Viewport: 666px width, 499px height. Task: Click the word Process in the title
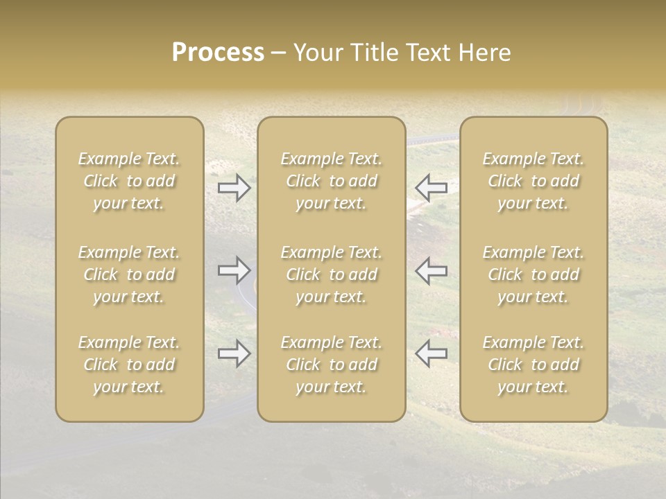[218, 53]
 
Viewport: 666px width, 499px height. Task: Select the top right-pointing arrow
[234, 188]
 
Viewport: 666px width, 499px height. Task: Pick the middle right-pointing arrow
[234, 270]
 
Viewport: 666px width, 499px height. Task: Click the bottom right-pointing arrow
[234, 353]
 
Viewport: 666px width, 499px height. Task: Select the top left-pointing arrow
[431, 188]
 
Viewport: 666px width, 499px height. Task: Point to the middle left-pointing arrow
[431, 270]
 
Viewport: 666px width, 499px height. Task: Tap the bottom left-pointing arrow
[431, 353]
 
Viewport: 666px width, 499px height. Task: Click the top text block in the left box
[129, 181]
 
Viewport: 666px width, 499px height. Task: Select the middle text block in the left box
[129, 274]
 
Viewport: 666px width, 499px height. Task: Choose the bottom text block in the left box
[129, 365]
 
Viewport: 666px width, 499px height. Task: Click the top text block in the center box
[331, 181]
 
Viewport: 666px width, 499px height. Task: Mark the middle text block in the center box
[331, 274]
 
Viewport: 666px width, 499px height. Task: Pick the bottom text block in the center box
[331, 365]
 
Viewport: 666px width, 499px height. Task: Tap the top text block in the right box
[533, 181]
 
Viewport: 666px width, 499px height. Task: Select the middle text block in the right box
[533, 274]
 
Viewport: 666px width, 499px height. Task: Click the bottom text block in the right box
[533, 365]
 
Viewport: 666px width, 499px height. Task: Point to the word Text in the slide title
[427, 53]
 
